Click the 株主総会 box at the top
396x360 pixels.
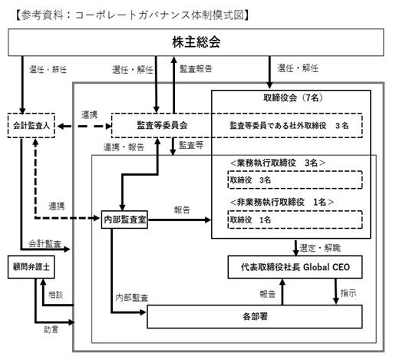point(196,42)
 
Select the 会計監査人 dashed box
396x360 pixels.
point(31,125)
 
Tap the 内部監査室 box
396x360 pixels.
point(124,220)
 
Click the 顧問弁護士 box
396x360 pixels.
point(31,267)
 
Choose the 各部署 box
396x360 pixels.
point(255,316)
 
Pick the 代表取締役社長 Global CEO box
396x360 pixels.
point(295,267)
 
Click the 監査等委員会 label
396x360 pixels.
point(162,125)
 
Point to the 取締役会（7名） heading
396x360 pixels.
point(293,97)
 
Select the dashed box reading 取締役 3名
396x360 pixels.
point(295,180)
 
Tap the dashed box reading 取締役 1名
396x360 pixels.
point(295,220)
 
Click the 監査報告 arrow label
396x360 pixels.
point(196,68)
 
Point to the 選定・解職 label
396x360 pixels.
point(320,248)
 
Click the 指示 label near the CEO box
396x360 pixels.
point(348,293)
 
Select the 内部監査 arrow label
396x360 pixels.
point(132,297)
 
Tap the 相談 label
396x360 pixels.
point(55,295)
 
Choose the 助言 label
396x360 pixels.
point(51,329)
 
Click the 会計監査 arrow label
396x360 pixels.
point(45,243)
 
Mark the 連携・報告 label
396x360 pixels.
point(124,147)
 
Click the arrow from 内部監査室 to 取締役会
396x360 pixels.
point(180,220)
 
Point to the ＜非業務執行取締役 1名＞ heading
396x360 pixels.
point(282,202)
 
